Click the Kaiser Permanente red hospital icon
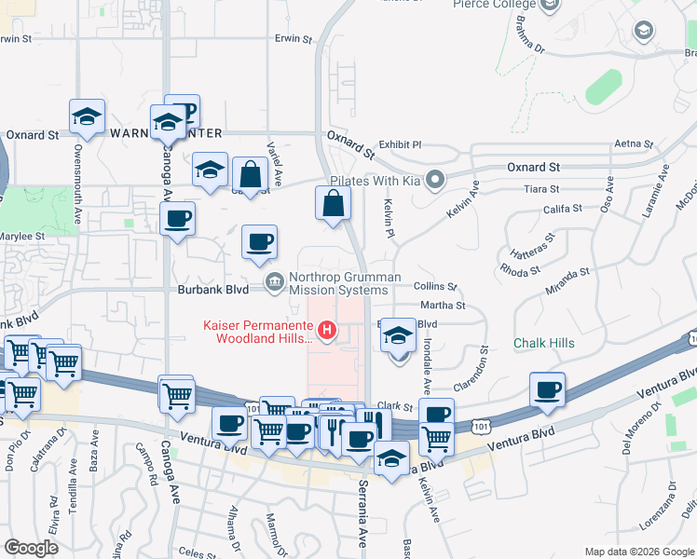click(327, 329)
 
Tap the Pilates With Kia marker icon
click(434, 179)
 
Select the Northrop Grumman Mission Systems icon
click(275, 282)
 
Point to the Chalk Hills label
click(544, 343)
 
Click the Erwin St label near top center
click(293, 39)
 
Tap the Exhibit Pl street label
click(401, 144)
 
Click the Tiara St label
click(540, 188)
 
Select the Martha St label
click(443, 305)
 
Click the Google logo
click(31, 548)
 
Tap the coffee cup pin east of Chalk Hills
click(547, 389)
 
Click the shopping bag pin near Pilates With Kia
click(334, 204)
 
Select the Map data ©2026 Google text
click(638, 551)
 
